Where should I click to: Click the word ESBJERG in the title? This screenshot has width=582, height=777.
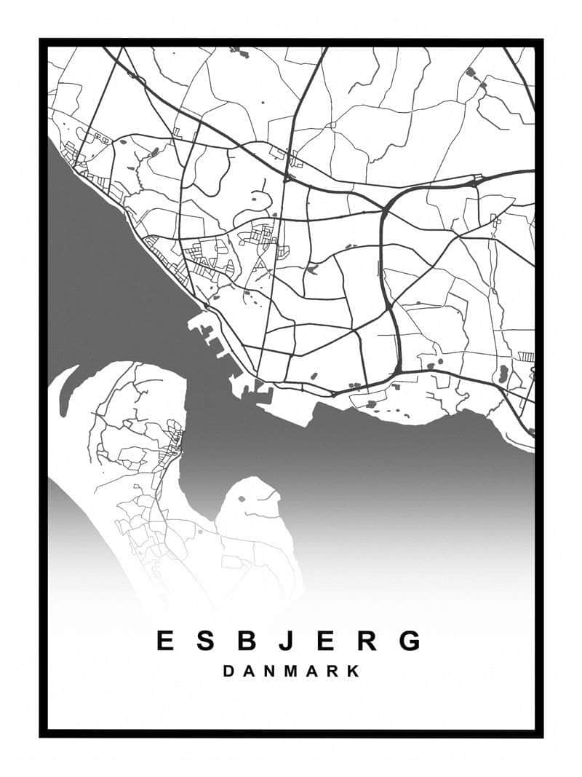289,641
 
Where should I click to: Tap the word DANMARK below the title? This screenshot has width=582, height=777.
291,671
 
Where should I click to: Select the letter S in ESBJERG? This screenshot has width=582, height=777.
206,641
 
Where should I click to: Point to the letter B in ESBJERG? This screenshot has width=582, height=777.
247,641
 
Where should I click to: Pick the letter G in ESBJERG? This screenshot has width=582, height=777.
410,641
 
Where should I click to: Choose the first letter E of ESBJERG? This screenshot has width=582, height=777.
165,641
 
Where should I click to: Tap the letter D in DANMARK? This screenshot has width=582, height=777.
228,671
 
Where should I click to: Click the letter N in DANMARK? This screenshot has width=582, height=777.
269,671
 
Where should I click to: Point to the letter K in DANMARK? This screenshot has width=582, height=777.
354,671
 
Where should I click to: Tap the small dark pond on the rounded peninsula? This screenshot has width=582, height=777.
242,499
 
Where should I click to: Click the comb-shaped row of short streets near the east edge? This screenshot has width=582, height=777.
526,356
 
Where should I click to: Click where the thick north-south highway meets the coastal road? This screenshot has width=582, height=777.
399,370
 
